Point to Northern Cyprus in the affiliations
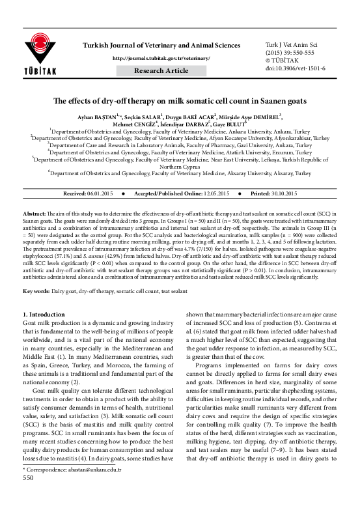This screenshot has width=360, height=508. pos(179,165)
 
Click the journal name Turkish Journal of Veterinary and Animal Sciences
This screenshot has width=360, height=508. pos(161,45)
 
